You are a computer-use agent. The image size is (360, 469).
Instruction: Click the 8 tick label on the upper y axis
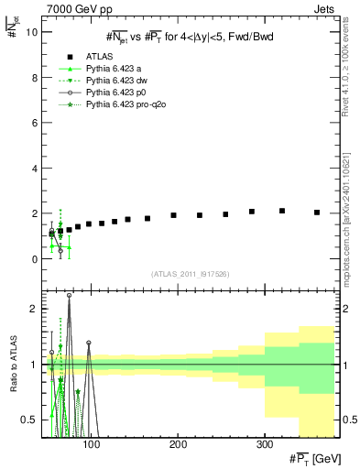tap(33, 78)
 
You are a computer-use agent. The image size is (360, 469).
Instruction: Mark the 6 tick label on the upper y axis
tap(33, 123)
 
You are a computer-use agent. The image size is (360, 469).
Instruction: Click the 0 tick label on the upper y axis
tap(33, 259)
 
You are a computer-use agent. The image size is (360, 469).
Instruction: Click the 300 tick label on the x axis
tap(264, 445)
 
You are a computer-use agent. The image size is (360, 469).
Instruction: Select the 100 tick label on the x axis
tap(91, 445)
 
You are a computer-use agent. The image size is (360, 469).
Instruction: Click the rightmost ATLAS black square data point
tap(317, 213)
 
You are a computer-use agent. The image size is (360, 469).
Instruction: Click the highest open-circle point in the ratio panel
tap(69, 296)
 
